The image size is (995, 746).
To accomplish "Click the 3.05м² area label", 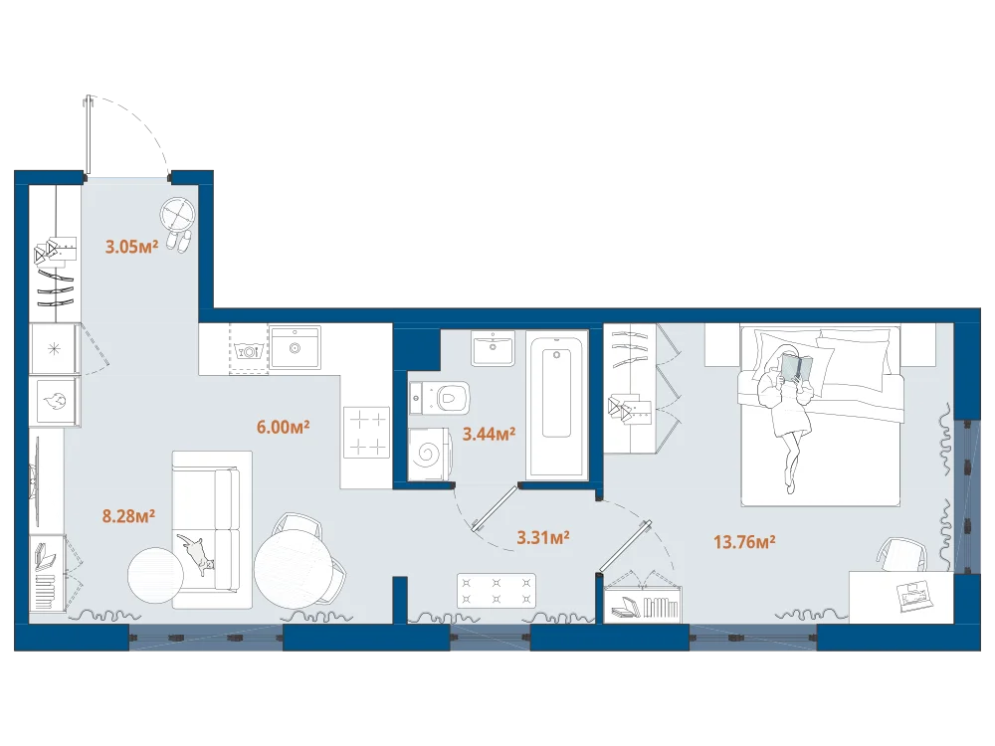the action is click(131, 247).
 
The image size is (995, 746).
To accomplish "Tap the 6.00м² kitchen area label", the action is click(283, 427).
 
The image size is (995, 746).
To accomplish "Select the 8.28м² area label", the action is click(128, 516).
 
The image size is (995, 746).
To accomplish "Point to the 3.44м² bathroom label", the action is click(489, 434).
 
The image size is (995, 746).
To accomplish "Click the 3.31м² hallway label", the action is click(543, 538).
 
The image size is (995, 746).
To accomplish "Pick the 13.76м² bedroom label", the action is click(744, 542).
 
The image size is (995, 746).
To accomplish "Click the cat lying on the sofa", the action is click(197, 554).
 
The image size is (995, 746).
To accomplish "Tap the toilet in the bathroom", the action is click(440, 398).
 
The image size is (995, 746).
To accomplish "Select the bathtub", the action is click(556, 406).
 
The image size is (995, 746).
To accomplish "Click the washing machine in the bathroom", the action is click(430, 454).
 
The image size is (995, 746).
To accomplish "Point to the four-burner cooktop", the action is click(367, 432).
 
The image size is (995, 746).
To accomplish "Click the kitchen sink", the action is click(295, 347).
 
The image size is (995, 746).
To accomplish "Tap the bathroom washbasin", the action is click(494, 348).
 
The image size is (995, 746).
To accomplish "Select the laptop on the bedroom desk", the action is click(915, 596).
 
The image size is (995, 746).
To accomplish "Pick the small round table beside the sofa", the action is click(155, 575).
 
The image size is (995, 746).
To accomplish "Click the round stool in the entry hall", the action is click(177, 215).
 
